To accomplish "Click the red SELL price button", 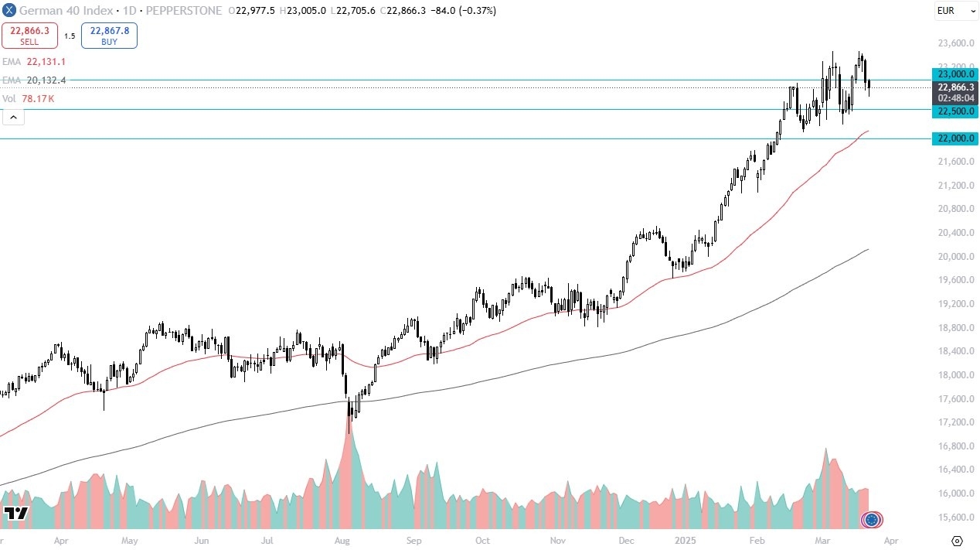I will click(29, 36).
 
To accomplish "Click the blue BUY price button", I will click(109, 36).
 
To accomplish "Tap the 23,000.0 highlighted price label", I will click(955, 74).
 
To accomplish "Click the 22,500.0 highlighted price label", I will click(955, 111).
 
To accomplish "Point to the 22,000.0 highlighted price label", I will click(955, 138).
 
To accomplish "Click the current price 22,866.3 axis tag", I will click(955, 87).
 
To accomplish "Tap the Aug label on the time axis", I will click(344, 541).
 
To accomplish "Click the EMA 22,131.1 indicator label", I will click(35, 61).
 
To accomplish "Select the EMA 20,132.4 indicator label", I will click(35, 80).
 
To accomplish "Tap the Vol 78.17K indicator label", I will click(28, 99).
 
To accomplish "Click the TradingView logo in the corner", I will click(15, 514).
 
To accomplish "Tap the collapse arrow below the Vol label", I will click(13, 117).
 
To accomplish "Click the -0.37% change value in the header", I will click(480, 11).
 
